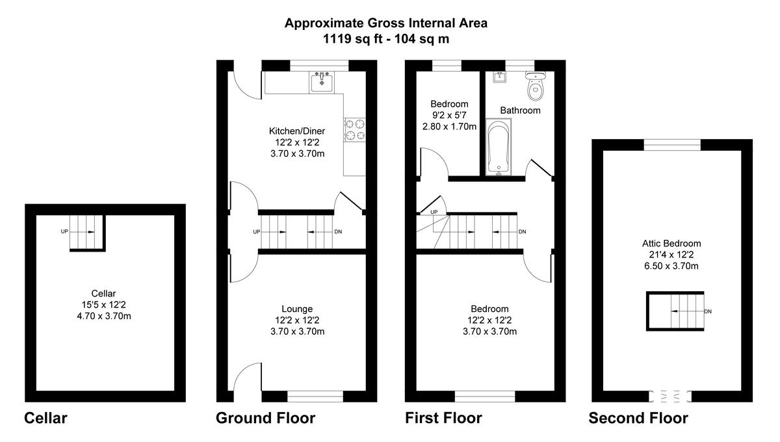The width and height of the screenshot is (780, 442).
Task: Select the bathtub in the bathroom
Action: [x=499, y=148]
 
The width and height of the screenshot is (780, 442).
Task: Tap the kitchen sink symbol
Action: [x=321, y=83]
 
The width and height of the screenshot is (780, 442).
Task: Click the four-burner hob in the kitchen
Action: [x=355, y=129]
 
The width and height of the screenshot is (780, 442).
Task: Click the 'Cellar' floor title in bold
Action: [x=45, y=418]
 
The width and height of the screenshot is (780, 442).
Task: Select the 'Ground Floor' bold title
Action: [x=265, y=418]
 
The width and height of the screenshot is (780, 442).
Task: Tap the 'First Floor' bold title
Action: [x=443, y=418]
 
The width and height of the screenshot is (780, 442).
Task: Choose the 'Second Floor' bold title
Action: [x=638, y=418]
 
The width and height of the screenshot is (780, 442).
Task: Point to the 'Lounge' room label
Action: [x=297, y=309]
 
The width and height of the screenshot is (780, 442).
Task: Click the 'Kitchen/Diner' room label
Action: [x=297, y=131]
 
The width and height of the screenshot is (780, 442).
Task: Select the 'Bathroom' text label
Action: [x=520, y=110]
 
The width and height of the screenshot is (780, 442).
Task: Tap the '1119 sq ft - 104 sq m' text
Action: [x=386, y=39]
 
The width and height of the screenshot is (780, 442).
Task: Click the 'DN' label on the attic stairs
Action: [x=708, y=312]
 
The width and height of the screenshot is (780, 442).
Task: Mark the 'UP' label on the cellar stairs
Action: [x=64, y=231]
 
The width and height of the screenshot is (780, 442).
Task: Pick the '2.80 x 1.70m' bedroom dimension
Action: [x=449, y=126]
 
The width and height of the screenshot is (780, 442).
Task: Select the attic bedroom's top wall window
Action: [x=672, y=144]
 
